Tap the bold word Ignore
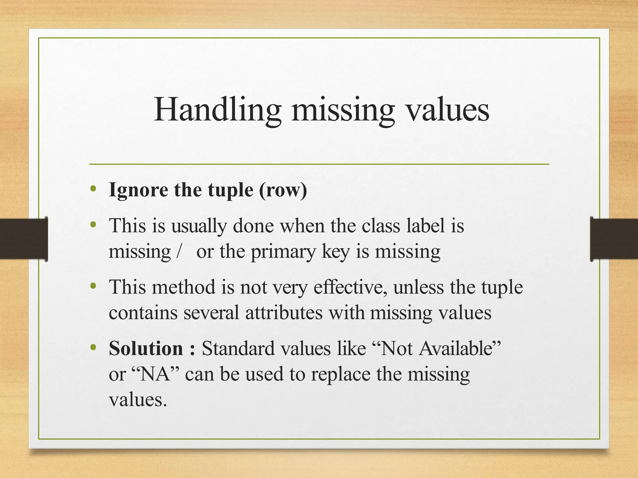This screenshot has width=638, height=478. [x=138, y=190]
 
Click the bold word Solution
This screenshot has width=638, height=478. [x=146, y=348]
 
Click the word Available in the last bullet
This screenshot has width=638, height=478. [x=457, y=348]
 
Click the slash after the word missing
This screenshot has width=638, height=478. [x=178, y=251]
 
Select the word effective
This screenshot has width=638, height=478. [x=350, y=287]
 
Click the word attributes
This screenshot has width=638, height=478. [x=284, y=313]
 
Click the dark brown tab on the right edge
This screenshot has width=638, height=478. [x=614, y=239]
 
